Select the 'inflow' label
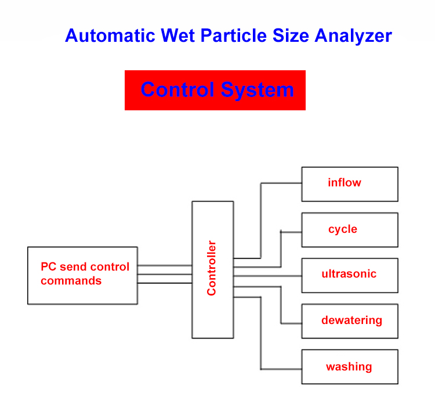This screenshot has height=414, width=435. coord(344,183)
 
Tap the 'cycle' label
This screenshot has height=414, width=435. coord(342,229)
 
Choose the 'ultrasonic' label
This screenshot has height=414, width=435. coord(349,274)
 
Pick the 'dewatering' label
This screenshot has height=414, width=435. coord(351,321)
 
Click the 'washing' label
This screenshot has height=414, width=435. coord(349,367)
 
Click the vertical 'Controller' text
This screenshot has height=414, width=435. coord(212,268)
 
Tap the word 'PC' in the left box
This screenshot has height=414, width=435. coord(48,267)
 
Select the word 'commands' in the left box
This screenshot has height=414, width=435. coord(71,281)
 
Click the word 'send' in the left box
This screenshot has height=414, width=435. coord(71,267)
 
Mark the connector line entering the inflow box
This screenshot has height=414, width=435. coord(281,183)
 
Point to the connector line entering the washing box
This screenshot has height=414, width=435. coord(281,369)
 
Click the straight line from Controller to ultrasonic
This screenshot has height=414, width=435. coord(267,275)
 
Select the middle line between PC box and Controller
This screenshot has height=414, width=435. coord(165,275)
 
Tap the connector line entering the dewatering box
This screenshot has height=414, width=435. coord(291,323)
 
